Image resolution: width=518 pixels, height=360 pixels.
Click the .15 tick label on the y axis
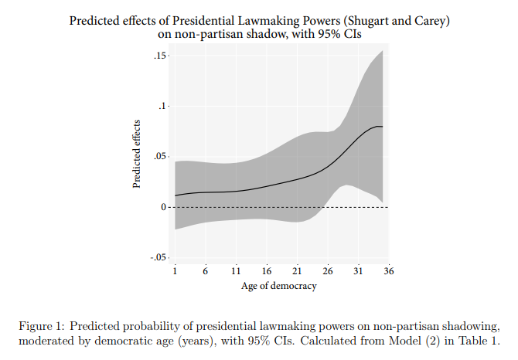tap(160, 56)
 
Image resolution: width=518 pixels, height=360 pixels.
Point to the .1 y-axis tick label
tap(162, 107)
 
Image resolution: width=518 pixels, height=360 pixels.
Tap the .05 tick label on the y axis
tap(160, 156)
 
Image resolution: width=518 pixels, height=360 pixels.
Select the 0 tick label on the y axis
tap(164, 207)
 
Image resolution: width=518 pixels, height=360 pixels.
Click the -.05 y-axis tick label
tap(158, 257)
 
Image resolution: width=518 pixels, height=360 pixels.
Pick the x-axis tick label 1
tap(175, 271)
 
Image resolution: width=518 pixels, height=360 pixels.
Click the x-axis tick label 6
tap(205, 271)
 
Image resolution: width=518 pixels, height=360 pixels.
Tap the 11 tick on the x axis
tap(236, 271)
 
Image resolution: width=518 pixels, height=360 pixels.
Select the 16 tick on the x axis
tap(267, 271)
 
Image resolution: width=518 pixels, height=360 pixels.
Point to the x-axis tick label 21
tap(297, 271)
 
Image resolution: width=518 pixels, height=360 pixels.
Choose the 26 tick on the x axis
tap(328, 271)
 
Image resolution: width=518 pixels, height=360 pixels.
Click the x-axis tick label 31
tap(358, 271)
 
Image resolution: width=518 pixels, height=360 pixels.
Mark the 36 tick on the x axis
tap(389, 271)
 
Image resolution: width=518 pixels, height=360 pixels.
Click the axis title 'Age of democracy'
tap(279, 286)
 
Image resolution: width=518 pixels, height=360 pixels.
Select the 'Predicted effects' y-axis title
tap(136, 154)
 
